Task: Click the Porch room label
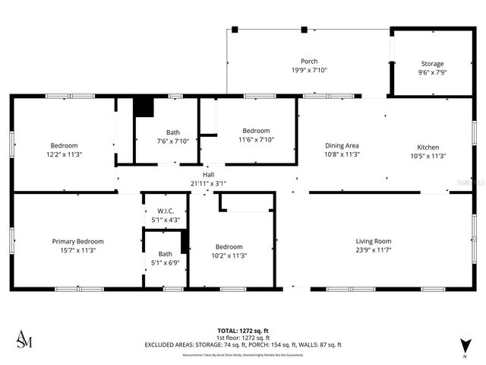(309, 62)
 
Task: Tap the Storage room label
(432, 64)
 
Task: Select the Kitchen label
(428, 147)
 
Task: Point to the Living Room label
(374, 241)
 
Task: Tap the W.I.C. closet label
(166, 211)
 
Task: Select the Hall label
(208, 175)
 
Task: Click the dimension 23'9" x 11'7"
(374, 250)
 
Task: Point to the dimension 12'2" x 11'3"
(65, 154)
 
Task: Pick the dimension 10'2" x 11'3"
(229, 255)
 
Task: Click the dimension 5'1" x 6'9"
(166, 264)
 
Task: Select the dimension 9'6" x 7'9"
(432, 73)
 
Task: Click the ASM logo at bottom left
(24, 339)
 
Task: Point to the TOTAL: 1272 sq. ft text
(243, 331)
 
